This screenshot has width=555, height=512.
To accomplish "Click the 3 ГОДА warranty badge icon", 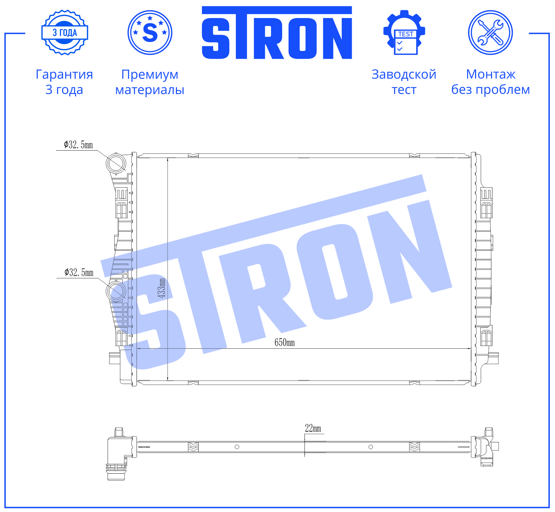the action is pos(65,33).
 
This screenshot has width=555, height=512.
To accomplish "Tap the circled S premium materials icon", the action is pos(150,33).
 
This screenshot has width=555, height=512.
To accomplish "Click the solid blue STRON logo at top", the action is pos(277,33).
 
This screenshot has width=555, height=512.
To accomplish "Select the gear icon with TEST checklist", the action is pos(404,32).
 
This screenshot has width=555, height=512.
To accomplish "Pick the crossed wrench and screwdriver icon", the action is pos(490,33).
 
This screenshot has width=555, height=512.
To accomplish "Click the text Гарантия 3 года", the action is pos(64,82).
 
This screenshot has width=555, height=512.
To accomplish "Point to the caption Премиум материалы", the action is pos(150,82).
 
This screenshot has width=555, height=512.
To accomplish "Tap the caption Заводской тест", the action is pos(404,82).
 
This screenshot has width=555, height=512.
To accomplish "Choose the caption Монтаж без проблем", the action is pos(491,82).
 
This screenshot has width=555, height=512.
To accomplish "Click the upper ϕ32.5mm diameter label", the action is pos(78,145).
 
